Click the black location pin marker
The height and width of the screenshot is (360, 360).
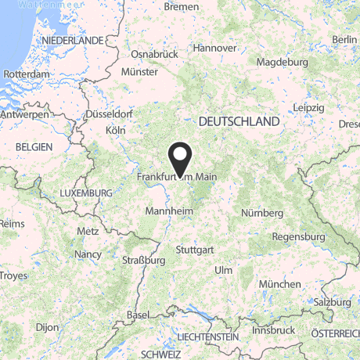pyautogui.click(x=181, y=159)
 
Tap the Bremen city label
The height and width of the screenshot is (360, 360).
pyautogui.click(x=182, y=6)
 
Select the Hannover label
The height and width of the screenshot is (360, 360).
pyautogui.click(x=214, y=48)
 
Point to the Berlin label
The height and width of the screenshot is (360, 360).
pyautogui.click(x=344, y=40)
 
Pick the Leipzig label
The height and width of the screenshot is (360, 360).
pyautogui.click(x=309, y=106)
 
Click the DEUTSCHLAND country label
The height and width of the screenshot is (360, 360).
pyautogui.click(x=239, y=122)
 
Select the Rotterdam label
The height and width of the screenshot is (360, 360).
pyautogui.click(x=27, y=74)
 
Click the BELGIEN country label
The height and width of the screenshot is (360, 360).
pyautogui.click(x=32, y=147)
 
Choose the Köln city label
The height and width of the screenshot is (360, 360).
pyautogui.click(x=115, y=130)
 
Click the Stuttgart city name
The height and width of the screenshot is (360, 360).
pyautogui.click(x=195, y=250)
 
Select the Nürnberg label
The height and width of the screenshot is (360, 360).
pyautogui.click(x=261, y=214)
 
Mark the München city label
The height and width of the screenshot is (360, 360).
pyautogui.click(x=282, y=283)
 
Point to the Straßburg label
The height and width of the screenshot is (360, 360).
pyautogui.click(x=145, y=259)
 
